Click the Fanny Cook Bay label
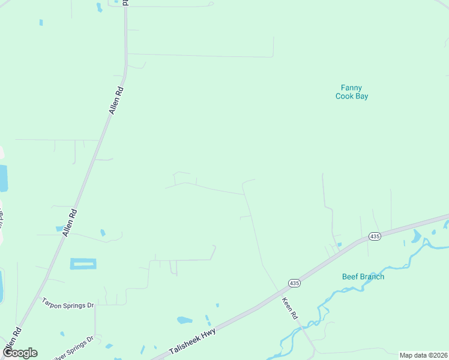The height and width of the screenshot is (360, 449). pyautogui.click(x=351, y=92)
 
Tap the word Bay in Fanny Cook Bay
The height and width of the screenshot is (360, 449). pyautogui.click(x=361, y=96)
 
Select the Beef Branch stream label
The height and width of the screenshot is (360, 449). pyautogui.click(x=363, y=277)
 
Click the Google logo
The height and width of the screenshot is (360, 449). pyautogui.click(x=20, y=353)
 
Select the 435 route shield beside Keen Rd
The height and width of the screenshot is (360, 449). pyautogui.click(x=294, y=283)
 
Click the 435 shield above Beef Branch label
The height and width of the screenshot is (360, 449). pyautogui.click(x=375, y=236)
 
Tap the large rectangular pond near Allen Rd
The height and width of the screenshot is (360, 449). pyautogui.click(x=83, y=263)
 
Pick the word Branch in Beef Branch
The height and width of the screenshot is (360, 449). pyautogui.click(x=372, y=277)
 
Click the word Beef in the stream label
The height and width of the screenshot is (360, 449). pyautogui.click(x=350, y=277)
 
